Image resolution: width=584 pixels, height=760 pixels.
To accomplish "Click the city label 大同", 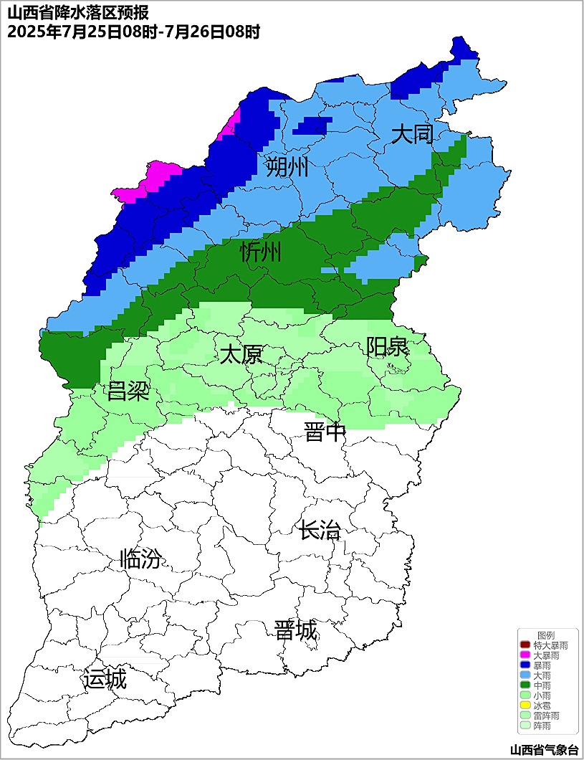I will click(x=412, y=134).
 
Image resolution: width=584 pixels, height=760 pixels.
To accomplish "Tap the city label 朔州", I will click(x=287, y=167).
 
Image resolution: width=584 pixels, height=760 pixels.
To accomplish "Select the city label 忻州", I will click(x=261, y=252).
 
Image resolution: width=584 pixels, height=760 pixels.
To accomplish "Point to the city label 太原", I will click(x=241, y=354).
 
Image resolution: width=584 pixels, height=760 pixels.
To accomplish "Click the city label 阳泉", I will click(x=387, y=346).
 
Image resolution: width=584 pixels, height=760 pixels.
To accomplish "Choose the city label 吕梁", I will click(x=128, y=391).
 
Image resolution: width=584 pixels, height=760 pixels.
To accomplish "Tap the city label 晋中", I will click(x=325, y=432).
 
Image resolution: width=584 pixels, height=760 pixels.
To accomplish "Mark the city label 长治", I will click(x=320, y=531).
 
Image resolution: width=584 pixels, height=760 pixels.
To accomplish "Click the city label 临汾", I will click(x=140, y=559).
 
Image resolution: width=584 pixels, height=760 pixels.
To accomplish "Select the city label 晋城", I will click(x=295, y=630).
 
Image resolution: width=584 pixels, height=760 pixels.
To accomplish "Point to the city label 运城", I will click(x=105, y=678).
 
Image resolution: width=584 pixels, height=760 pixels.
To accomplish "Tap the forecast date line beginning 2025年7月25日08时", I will click(x=133, y=31).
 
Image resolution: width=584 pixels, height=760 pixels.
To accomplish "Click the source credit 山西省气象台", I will click(x=544, y=749).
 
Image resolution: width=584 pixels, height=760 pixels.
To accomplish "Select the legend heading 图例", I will click(x=546, y=635).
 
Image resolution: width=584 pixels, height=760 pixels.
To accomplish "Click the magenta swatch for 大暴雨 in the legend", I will click(x=525, y=655).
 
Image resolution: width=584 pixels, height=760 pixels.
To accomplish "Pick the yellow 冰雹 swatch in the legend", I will click(x=525, y=706).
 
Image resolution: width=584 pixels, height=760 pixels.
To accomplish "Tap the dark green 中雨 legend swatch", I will click(x=525, y=685).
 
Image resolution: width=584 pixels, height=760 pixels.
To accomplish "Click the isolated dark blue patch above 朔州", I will click(x=312, y=125).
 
